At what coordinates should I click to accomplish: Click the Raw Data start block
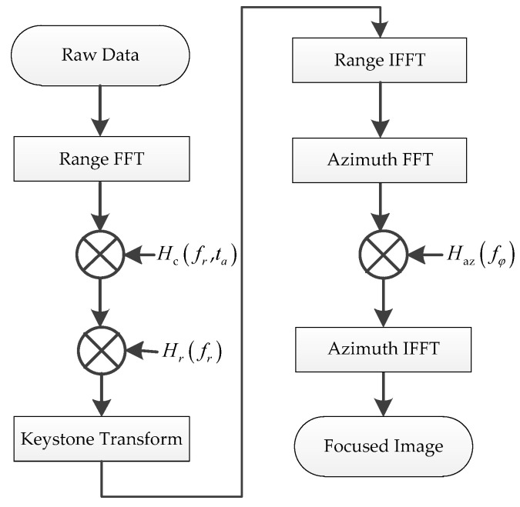click(102, 55)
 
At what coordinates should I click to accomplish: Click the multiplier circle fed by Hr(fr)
click(102, 350)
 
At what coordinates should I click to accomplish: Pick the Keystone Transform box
click(102, 440)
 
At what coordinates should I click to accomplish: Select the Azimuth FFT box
click(381, 162)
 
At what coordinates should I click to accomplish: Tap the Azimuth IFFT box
click(381, 349)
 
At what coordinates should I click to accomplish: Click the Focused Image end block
click(381, 446)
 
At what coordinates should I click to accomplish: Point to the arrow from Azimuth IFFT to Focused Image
click(381, 395)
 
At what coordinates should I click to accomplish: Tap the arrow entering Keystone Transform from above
click(102, 397)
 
